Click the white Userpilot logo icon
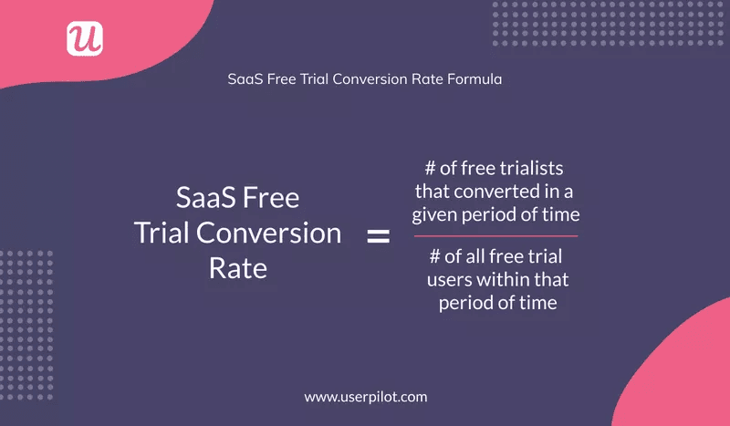[85, 38]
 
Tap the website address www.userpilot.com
[365, 397]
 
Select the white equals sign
[378, 237]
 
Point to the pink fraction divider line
[495, 236]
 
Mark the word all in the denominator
[477, 256]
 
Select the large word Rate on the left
[237, 267]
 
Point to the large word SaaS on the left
[208, 198]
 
